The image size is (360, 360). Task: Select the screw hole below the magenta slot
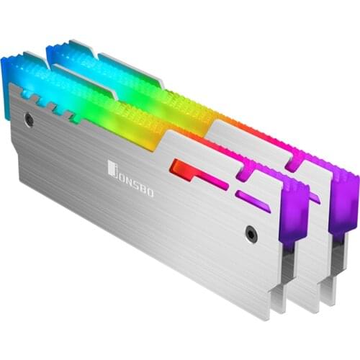click(x=250, y=233)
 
